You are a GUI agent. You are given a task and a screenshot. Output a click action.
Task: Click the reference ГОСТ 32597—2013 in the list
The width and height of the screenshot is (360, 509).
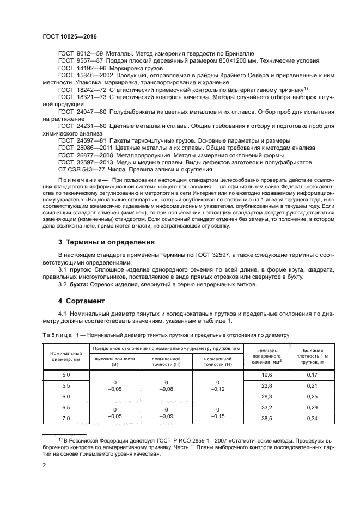[x=86, y=162]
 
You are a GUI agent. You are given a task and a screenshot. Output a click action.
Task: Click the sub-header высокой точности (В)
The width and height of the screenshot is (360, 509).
[x=114, y=361]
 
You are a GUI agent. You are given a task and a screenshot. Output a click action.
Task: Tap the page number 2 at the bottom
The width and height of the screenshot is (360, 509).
[x=45, y=465]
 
